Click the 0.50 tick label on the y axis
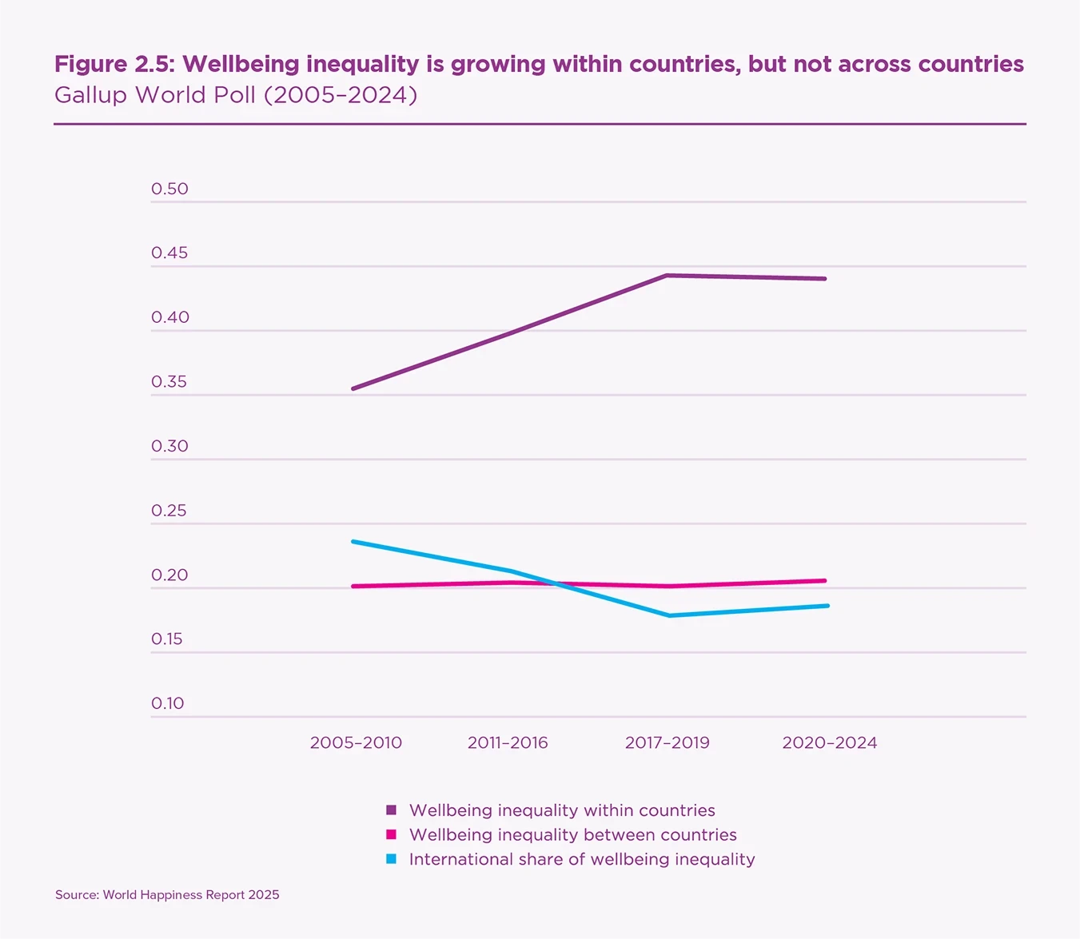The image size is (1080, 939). pyautogui.click(x=169, y=189)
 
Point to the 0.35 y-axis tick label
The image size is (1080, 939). pyautogui.click(x=169, y=381)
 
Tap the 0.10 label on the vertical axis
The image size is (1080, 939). pyautogui.click(x=168, y=703)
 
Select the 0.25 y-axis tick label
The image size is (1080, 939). pyautogui.click(x=169, y=510)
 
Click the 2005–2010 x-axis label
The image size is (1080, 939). pyautogui.click(x=356, y=742)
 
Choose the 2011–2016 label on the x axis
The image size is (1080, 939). pyautogui.click(x=508, y=742)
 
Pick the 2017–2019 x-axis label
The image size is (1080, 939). pyautogui.click(x=667, y=742)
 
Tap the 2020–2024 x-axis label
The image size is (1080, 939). pyautogui.click(x=829, y=742)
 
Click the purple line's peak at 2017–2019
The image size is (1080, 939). pyautogui.click(x=667, y=276)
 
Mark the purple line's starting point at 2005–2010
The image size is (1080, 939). pyautogui.click(x=353, y=388)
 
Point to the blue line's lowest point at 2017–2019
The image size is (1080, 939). pyautogui.click(x=668, y=615)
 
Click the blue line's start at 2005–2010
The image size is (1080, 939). pyautogui.click(x=353, y=542)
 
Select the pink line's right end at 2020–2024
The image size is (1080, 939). pyautogui.click(x=825, y=581)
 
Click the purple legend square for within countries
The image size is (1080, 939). pyautogui.click(x=391, y=810)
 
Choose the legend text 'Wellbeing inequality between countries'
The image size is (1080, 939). pyautogui.click(x=572, y=835)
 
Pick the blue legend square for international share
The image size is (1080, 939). pyautogui.click(x=391, y=859)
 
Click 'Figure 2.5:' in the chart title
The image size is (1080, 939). pyautogui.click(x=116, y=64)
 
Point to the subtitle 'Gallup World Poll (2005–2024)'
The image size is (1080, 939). pyautogui.click(x=236, y=95)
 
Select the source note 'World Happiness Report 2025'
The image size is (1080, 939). pyautogui.click(x=191, y=895)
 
